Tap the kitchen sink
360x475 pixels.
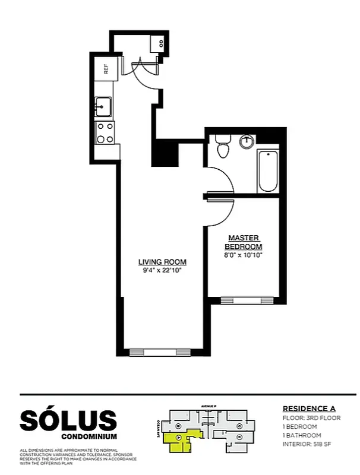click(103, 107)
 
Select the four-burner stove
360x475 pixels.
click(105, 132)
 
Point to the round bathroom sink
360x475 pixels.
click(247, 142)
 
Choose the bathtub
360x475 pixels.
click(268, 171)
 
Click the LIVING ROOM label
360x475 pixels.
click(162, 262)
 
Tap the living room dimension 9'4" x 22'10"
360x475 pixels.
click(162, 271)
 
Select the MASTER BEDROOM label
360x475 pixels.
click(243, 242)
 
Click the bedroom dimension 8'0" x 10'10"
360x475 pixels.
click(243, 255)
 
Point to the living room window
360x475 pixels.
click(159, 351)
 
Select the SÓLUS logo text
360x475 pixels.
click(68, 420)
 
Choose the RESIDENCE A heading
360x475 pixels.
click(308, 408)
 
